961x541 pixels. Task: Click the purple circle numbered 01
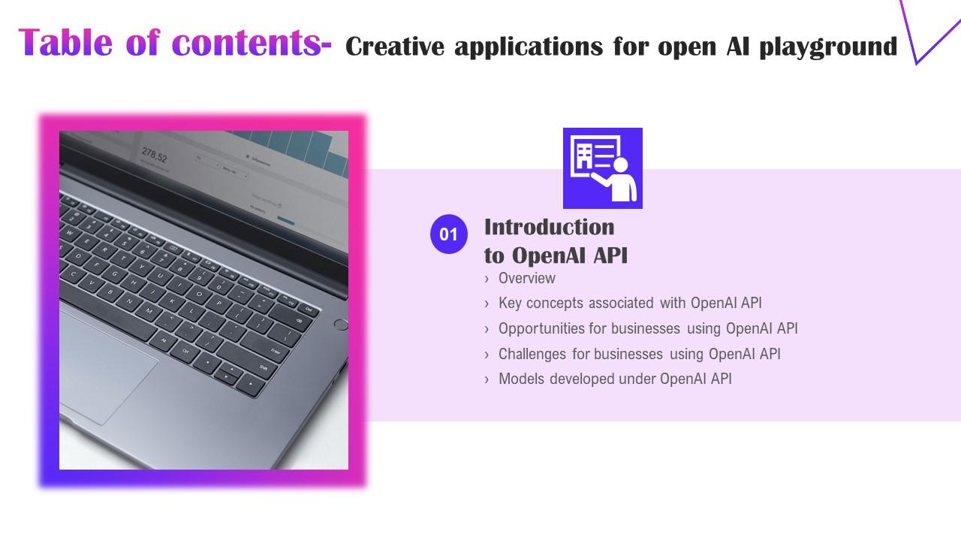tap(448, 234)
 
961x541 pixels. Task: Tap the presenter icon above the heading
tap(602, 168)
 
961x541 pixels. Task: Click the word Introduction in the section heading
tap(549, 227)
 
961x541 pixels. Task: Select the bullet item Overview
tap(526, 278)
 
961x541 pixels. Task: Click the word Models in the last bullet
tap(521, 379)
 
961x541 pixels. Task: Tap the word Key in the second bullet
tap(510, 303)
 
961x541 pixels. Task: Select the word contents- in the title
tap(251, 43)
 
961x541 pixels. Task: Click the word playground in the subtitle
tap(828, 47)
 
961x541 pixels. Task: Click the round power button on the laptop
tap(340, 325)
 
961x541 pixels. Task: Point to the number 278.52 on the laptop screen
tap(154, 156)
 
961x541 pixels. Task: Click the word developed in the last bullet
tap(582, 379)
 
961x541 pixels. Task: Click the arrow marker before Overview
tap(488, 279)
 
